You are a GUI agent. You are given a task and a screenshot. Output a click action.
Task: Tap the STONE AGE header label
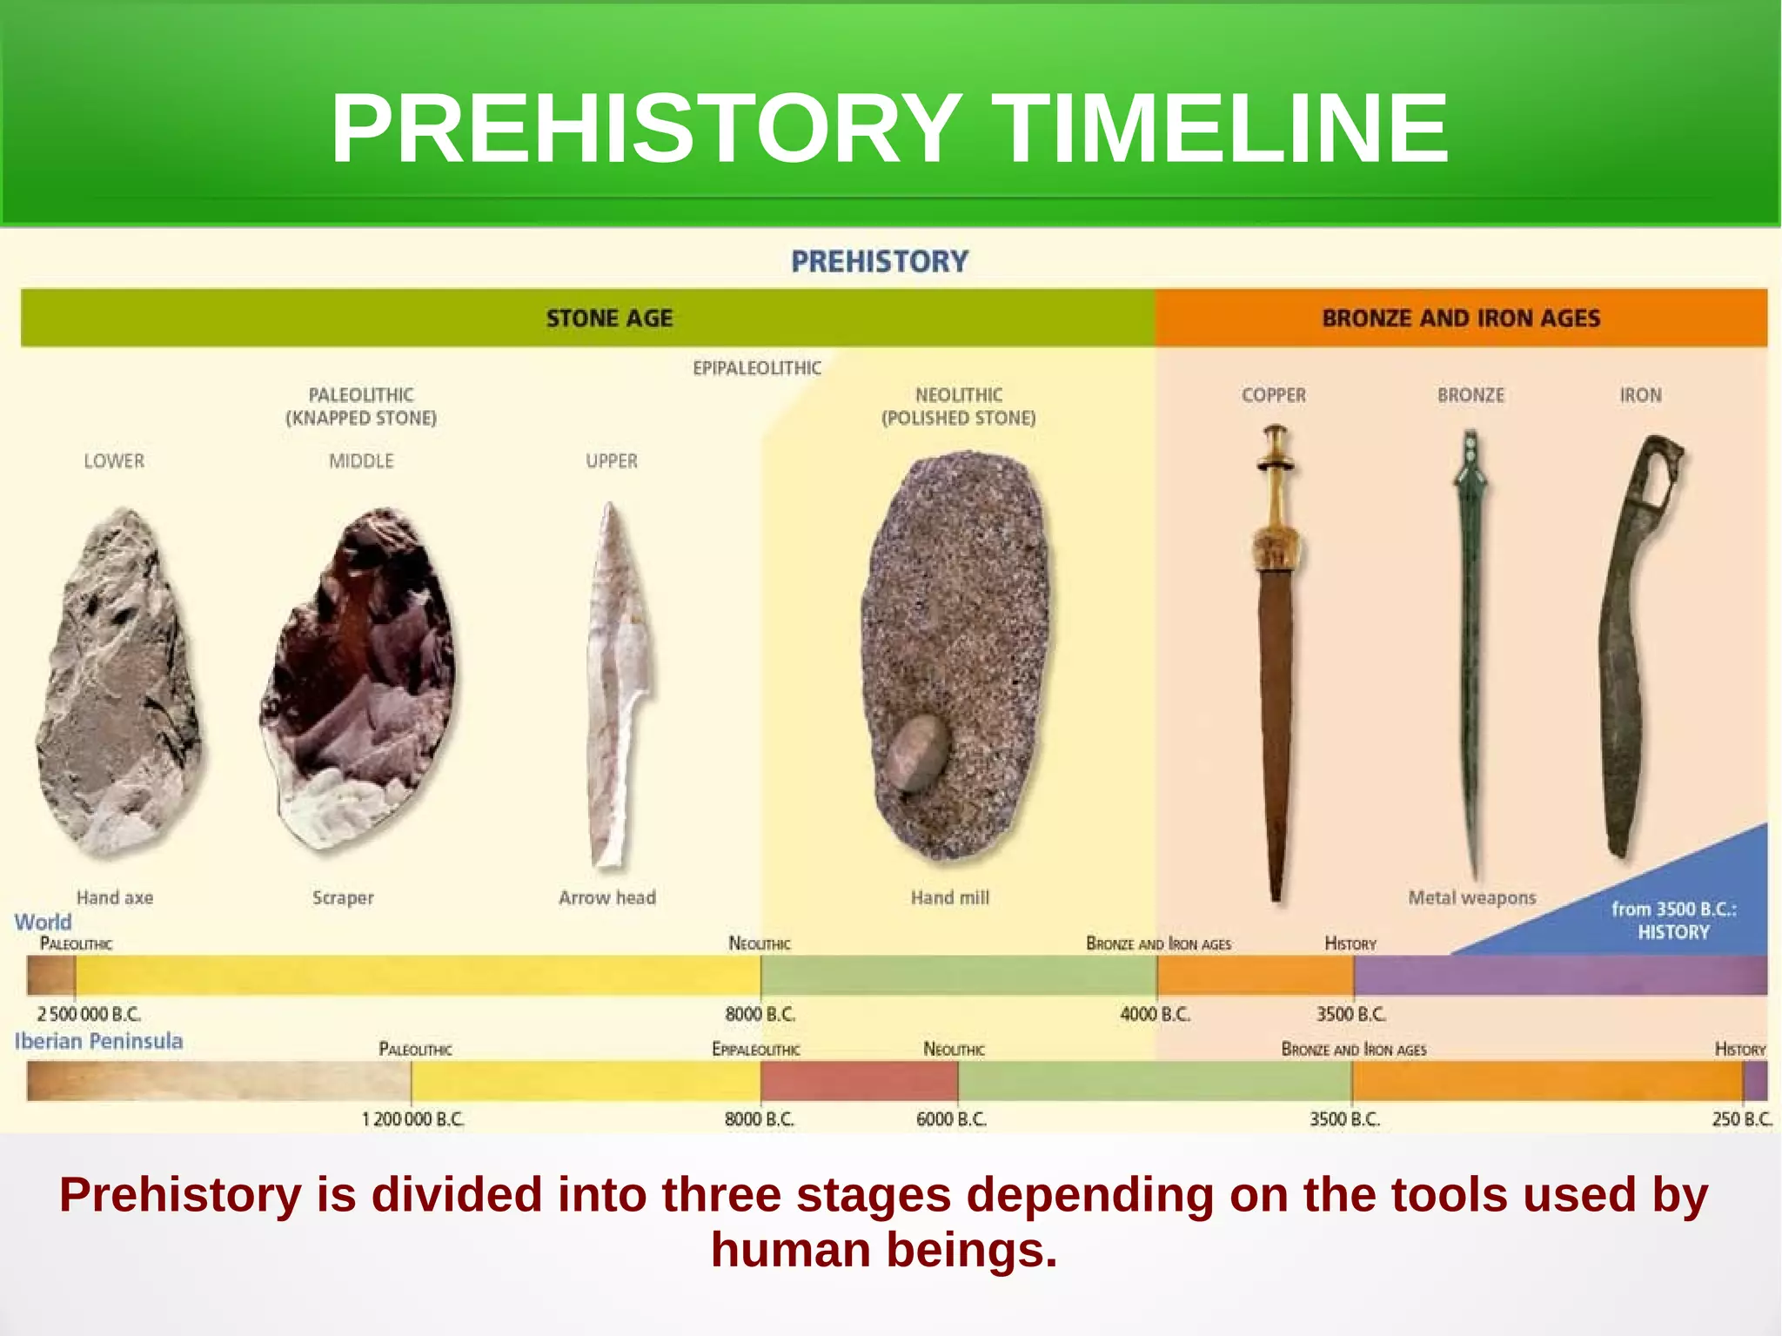tap(609, 319)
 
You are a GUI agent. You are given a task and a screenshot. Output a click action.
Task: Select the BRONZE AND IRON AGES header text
tap(1461, 319)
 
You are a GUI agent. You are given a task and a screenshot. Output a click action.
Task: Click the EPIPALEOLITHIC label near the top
tap(756, 368)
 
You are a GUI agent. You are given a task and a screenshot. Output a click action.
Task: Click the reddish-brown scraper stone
tap(361, 679)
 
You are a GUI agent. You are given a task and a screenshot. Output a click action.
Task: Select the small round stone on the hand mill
tap(919, 754)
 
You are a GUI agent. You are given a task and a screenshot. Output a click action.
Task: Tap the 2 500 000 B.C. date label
tap(88, 1015)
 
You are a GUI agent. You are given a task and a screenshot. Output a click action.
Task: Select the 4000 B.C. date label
tap(1155, 1015)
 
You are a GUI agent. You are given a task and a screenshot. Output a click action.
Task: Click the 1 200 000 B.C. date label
tap(412, 1119)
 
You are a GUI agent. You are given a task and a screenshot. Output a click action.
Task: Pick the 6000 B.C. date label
tap(951, 1119)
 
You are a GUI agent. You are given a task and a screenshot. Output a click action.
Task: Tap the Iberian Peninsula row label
tap(98, 1042)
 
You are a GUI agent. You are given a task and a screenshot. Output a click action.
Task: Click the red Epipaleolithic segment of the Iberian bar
tap(858, 1081)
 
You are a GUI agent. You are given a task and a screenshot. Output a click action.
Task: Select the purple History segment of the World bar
tap(1558, 976)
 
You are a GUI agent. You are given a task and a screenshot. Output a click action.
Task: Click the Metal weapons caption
tap(1471, 897)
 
